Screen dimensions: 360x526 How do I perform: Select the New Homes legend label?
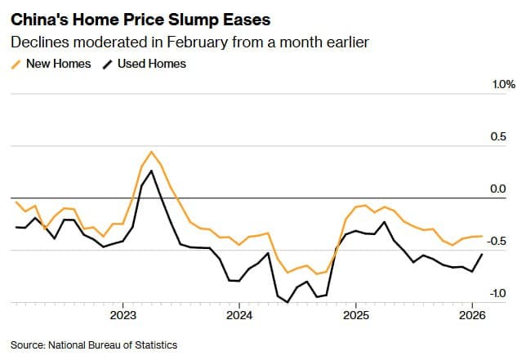click(59, 64)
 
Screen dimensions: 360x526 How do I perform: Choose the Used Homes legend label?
click(151, 64)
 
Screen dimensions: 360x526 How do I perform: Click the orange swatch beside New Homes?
click(16, 64)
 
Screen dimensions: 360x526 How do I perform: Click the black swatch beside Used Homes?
click(108, 64)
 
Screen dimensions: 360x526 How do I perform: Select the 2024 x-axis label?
click(238, 314)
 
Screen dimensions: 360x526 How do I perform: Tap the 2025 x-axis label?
click(355, 314)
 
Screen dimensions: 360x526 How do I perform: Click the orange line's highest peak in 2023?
click(151, 151)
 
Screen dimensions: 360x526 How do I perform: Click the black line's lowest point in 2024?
click(288, 302)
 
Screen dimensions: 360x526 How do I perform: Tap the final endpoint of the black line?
click(481, 254)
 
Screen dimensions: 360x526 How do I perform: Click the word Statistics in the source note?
click(153, 344)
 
